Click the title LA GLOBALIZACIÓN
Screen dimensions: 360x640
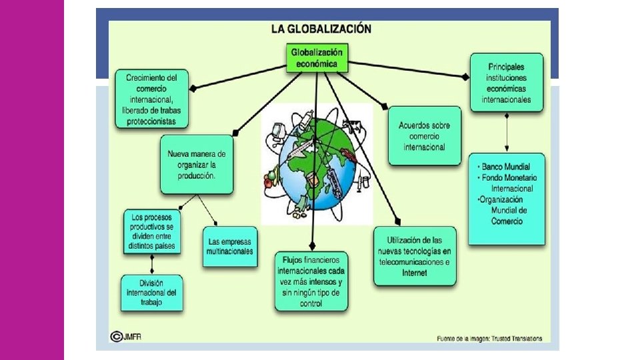point(321,29)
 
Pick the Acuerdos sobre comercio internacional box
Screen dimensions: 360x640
point(424,135)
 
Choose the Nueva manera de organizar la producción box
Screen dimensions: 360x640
point(197,164)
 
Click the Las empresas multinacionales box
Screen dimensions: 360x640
point(230,246)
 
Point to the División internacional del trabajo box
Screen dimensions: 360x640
point(153,292)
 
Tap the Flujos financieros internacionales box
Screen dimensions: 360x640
point(311,281)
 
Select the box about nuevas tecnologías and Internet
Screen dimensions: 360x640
point(414,256)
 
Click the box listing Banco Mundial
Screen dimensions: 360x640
point(507,198)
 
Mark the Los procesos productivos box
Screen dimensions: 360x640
point(152,231)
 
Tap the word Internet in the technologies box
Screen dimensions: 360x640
point(414,272)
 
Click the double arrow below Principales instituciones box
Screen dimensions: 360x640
point(508,132)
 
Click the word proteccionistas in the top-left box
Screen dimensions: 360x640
point(151,121)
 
